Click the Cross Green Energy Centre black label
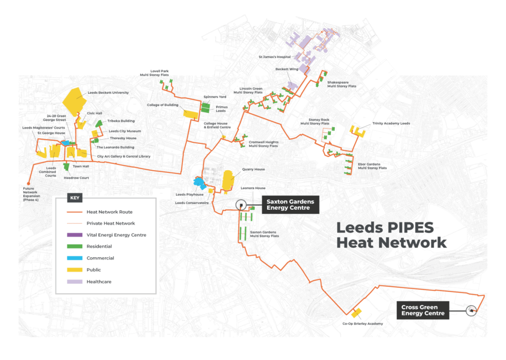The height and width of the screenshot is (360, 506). click(x=422, y=310)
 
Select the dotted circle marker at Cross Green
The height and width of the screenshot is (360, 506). click(x=470, y=311)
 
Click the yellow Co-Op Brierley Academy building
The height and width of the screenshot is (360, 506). click(x=356, y=313)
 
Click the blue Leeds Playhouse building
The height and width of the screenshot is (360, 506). click(x=199, y=183)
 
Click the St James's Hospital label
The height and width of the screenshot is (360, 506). click(x=273, y=56)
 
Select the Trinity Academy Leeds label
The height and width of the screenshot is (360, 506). click(x=391, y=124)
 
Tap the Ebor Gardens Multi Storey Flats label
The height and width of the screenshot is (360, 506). click(x=372, y=166)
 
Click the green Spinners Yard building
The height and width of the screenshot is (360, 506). click(x=205, y=108)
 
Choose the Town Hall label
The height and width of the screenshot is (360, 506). click(x=81, y=167)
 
